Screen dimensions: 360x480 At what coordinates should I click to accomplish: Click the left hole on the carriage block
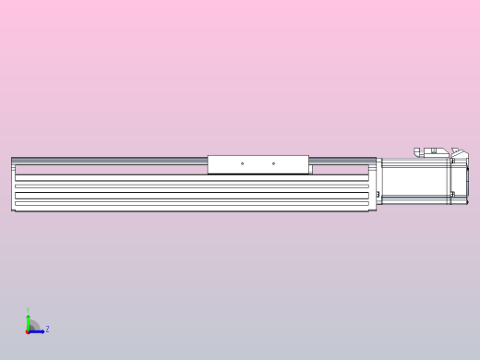coord(242,164)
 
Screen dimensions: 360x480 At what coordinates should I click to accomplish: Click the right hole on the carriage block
coord(273,164)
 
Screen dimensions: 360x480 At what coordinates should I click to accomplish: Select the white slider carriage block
coord(258,164)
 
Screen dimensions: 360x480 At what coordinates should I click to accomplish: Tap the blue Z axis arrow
coord(37,330)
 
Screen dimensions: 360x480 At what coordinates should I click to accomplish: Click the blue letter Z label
coord(47,329)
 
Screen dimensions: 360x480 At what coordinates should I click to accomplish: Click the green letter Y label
coord(28,311)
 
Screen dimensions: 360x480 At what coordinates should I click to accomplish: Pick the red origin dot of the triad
coord(28,330)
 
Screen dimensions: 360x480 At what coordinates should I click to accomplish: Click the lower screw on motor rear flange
coord(453,194)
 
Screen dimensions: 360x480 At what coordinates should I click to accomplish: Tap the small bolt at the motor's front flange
coord(378,193)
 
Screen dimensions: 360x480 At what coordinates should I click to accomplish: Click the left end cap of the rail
coord(13,185)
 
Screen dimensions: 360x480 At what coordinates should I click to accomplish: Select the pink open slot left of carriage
coord(111,169)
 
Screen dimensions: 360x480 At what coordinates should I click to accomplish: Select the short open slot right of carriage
coord(344,169)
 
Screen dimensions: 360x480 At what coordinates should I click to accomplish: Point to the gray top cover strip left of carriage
coord(111,159)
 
